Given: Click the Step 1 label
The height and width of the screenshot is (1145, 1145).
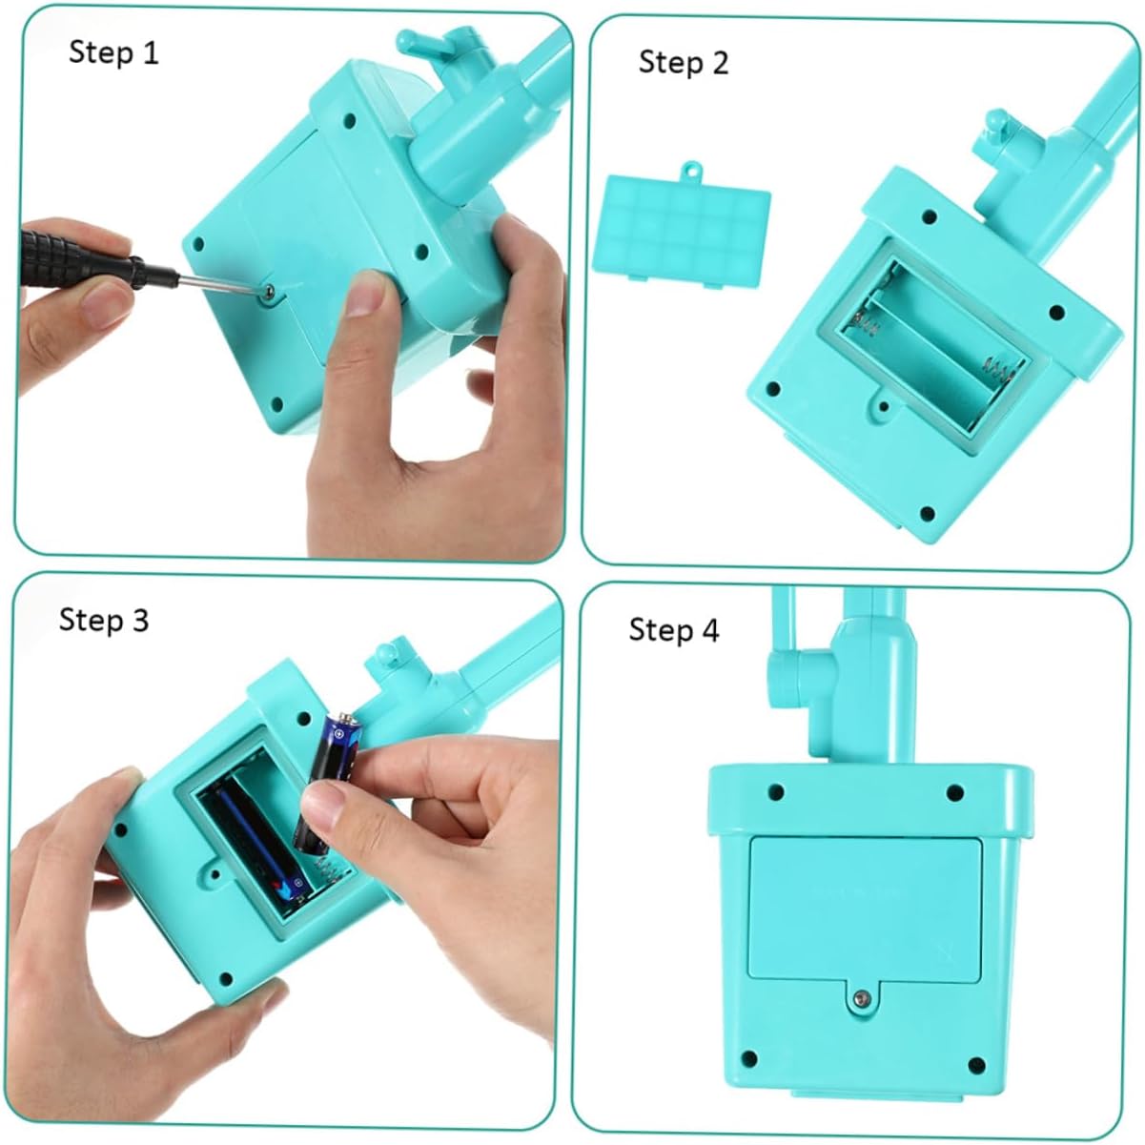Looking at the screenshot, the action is click(x=114, y=52).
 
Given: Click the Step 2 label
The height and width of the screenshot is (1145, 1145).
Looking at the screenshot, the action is click(x=684, y=62).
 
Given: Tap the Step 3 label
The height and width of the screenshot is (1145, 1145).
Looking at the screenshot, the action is click(x=104, y=621).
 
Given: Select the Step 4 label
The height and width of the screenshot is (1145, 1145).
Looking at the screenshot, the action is click(x=674, y=630).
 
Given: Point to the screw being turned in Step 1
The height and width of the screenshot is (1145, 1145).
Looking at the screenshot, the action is click(x=269, y=290).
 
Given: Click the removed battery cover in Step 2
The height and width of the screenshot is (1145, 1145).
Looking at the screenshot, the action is click(x=682, y=229).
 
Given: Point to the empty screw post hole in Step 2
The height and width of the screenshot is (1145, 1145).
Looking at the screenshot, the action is click(x=884, y=406).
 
